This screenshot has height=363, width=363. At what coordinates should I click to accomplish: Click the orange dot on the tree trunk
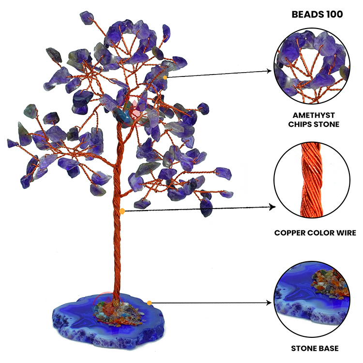pos(122,211)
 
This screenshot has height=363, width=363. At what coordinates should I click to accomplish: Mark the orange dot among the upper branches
pos(165,77)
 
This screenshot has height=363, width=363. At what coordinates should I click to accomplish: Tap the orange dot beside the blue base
pos(149,303)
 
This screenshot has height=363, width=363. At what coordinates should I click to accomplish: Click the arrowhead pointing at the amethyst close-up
pos(270,71)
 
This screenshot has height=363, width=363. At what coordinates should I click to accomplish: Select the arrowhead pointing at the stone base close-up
pos(270,303)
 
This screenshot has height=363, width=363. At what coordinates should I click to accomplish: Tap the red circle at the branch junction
pos(131,117)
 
